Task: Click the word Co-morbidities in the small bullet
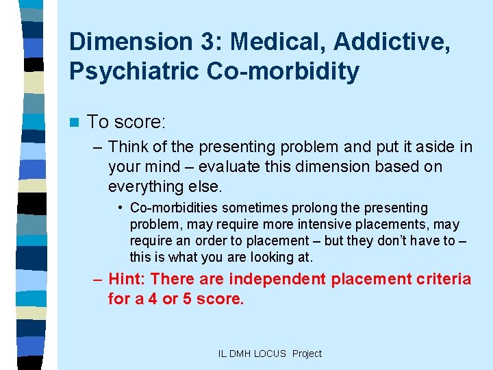[172, 208]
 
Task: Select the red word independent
[279, 279]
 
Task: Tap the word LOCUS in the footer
[271, 354]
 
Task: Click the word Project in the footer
[307, 354]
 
